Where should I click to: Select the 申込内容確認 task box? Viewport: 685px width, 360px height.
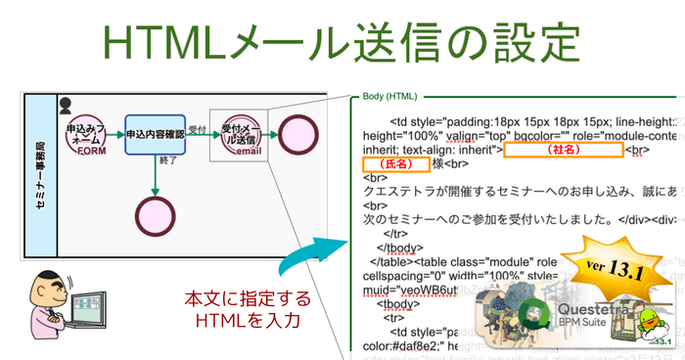154,133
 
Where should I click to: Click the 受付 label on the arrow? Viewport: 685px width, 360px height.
197,128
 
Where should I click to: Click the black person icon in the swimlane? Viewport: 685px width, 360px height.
66,102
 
